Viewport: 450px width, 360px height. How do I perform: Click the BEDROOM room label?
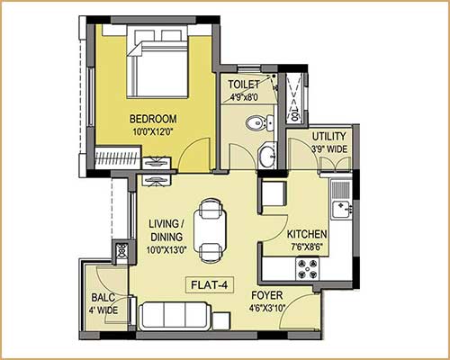click(x=152, y=119)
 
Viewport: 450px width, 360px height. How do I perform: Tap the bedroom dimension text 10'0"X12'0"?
click(x=152, y=132)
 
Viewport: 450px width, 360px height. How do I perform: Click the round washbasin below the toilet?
click(x=266, y=157)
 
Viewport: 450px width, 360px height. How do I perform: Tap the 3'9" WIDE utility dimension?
click(x=328, y=148)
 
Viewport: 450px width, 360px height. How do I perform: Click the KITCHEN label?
click(x=306, y=233)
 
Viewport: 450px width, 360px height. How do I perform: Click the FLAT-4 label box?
click(x=210, y=287)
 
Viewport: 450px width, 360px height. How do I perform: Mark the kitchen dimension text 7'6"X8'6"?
click(x=306, y=246)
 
